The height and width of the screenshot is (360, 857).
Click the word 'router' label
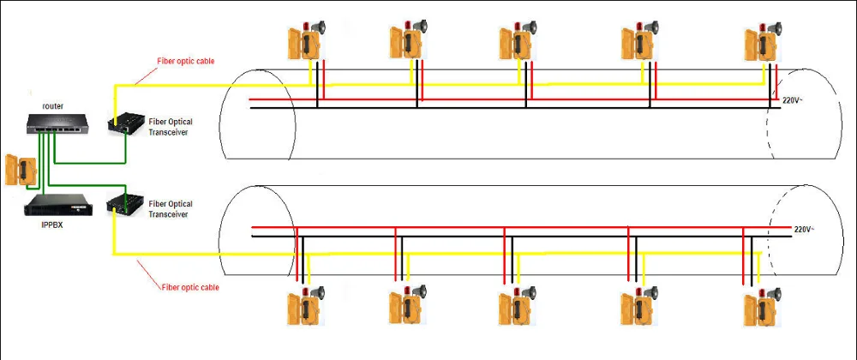tap(53, 105)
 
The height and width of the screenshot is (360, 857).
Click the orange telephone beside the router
tap(18, 169)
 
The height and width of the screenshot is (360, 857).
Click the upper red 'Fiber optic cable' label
tap(186, 62)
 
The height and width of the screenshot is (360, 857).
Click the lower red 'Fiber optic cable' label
tap(190, 287)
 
